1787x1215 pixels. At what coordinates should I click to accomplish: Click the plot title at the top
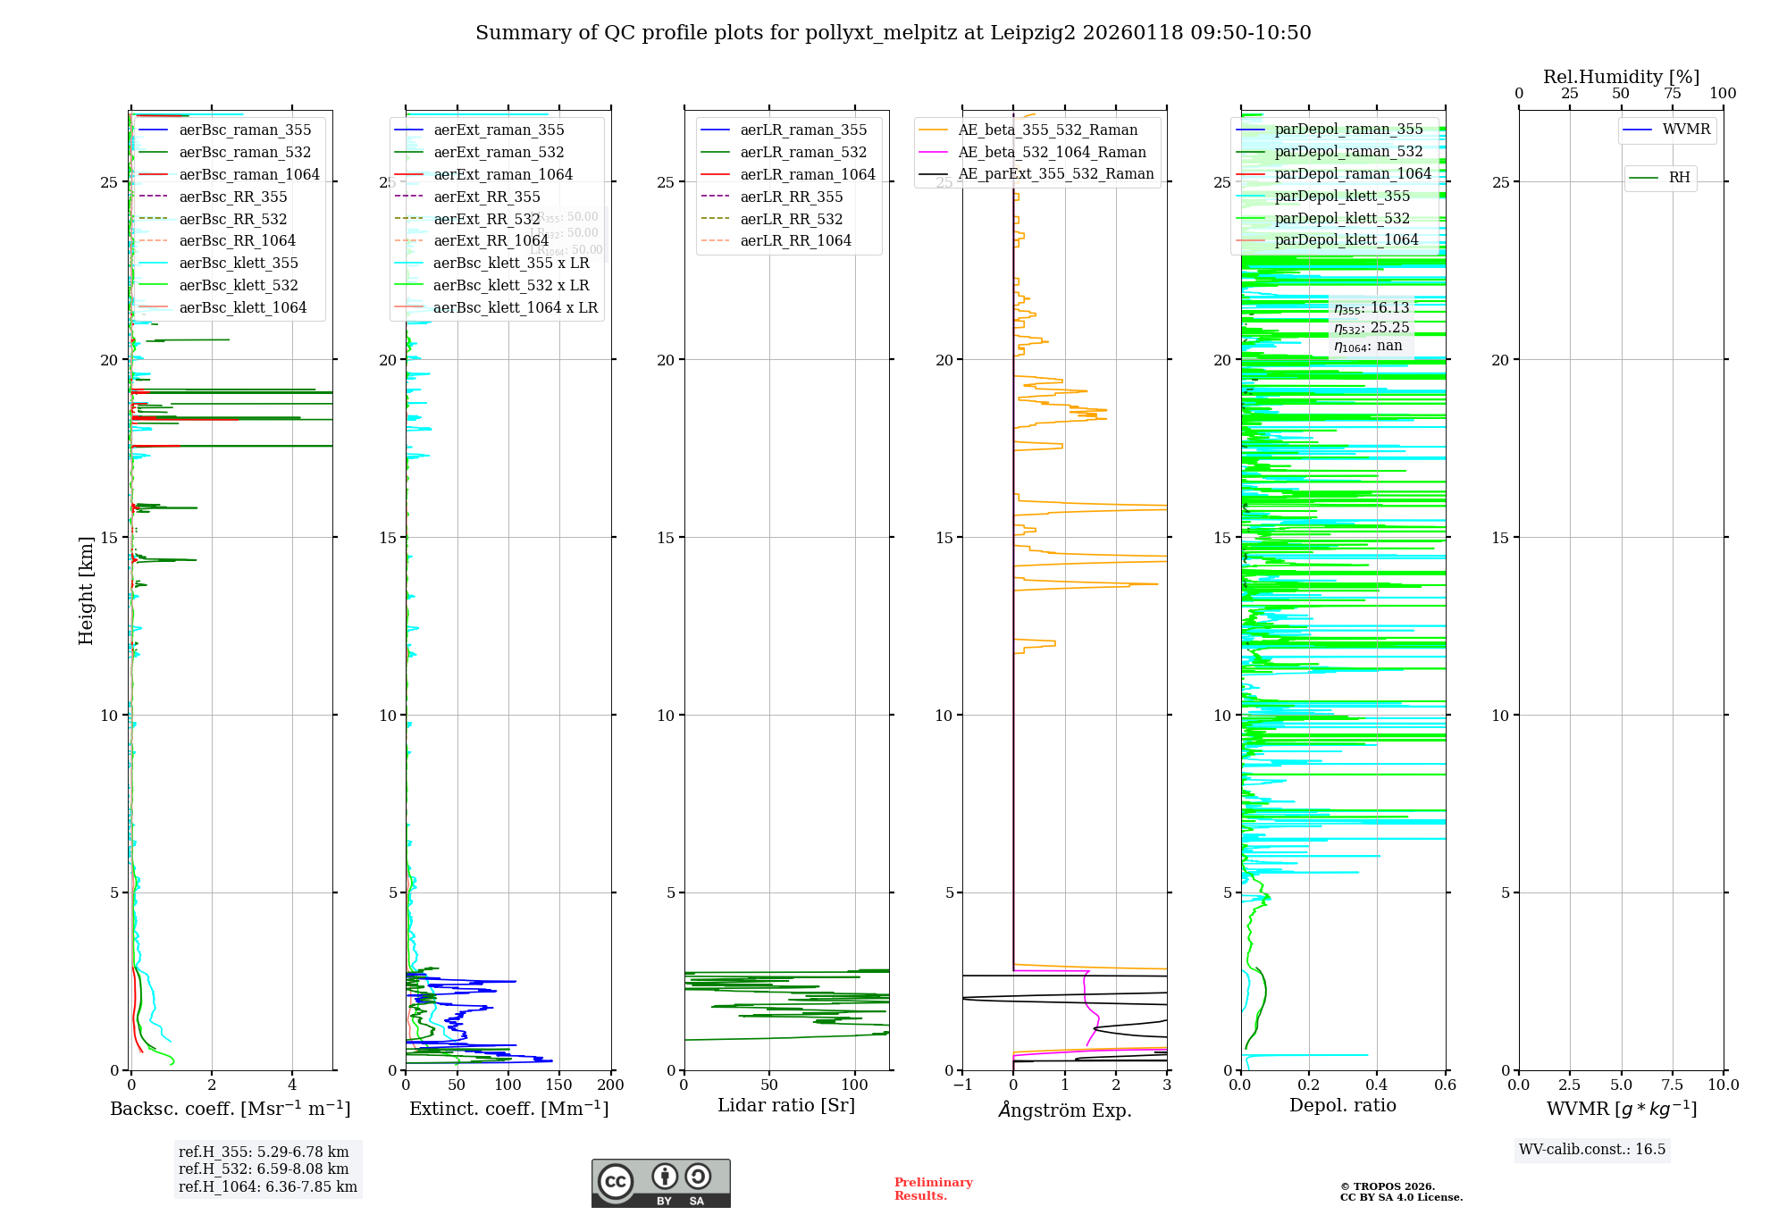point(893,33)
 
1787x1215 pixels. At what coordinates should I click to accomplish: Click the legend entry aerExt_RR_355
point(486,197)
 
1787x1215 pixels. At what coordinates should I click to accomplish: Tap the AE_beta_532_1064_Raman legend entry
point(1051,152)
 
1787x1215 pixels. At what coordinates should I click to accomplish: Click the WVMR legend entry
point(1685,130)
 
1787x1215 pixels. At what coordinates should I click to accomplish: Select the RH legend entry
point(1679,178)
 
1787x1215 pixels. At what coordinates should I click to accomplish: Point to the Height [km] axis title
point(86,590)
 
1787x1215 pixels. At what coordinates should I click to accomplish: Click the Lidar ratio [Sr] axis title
point(786,1105)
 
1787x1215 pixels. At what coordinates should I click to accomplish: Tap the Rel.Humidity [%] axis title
point(1621,77)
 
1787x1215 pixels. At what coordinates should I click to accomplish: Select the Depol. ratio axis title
point(1342,1105)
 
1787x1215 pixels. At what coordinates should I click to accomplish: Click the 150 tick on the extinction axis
point(558,1085)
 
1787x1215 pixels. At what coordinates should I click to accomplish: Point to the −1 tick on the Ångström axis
point(962,1085)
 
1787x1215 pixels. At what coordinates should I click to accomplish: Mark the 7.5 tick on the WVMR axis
point(1673,1085)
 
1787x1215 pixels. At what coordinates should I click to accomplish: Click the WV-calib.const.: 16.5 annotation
point(1592,1149)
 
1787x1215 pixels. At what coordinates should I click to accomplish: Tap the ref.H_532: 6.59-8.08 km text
point(264,1169)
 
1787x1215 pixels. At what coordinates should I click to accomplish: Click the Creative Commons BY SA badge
point(660,1183)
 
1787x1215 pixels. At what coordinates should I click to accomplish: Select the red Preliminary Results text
point(933,1188)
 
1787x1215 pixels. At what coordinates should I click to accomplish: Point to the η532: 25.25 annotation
point(1371,328)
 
